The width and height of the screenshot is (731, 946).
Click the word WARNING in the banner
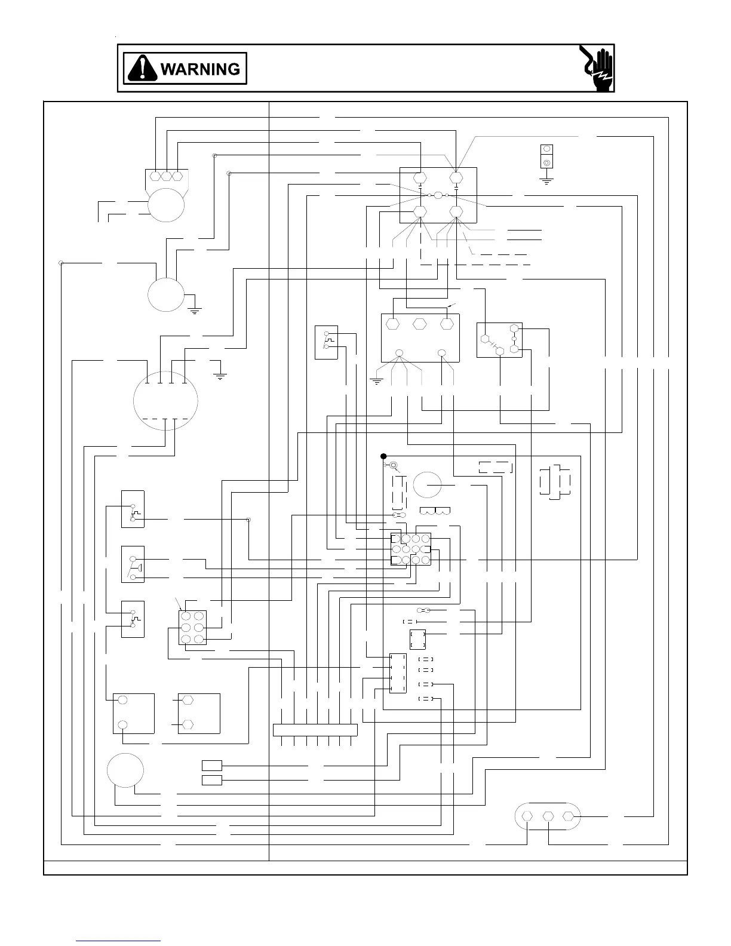[x=200, y=69]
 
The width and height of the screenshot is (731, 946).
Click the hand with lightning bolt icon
[x=596, y=68]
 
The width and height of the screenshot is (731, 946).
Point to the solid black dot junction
[x=384, y=456]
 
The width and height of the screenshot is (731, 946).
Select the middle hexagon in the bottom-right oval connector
[x=548, y=816]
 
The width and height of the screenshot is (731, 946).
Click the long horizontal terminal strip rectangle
[x=315, y=730]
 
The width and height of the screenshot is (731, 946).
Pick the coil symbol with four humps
[x=435, y=511]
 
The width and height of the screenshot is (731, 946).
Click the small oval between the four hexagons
[x=438, y=195]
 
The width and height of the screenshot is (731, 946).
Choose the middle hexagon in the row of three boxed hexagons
[x=419, y=324]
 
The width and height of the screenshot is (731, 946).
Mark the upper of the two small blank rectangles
[x=211, y=765]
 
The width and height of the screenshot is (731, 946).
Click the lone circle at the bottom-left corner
[x=125, y=770]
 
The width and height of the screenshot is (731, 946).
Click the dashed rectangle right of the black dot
[x=495, y=467]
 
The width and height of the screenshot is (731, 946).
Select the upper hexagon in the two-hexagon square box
[x=187, y=699]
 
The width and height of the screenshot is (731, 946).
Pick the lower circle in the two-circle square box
[x=122, y=724]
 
